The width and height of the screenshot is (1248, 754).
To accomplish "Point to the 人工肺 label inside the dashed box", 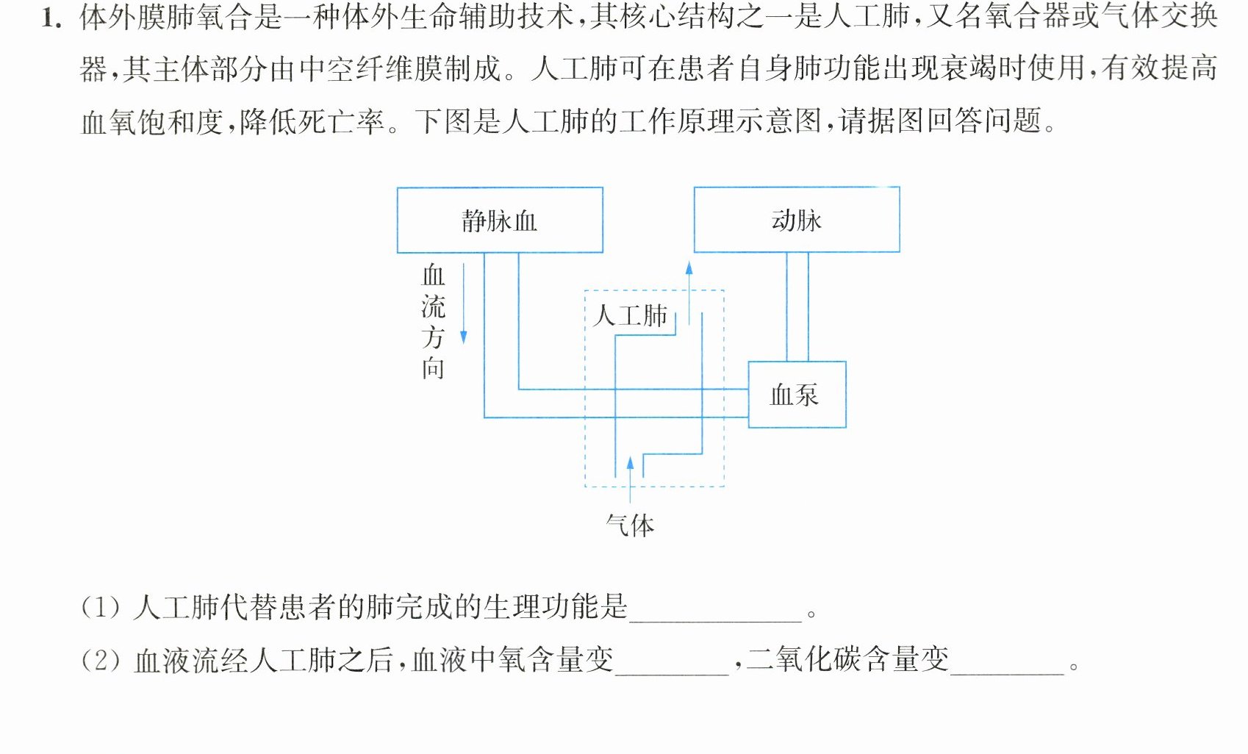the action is coord(630,316).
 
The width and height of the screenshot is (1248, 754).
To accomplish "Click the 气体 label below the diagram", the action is coord(630,525).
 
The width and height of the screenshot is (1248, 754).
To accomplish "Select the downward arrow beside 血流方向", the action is coord(464,304).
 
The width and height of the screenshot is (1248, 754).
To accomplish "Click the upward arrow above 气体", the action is coord(630,480).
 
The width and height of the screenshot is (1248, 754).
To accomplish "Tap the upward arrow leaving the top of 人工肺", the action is coord(689,293).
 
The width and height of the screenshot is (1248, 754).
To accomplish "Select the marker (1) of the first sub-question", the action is coord(100,607).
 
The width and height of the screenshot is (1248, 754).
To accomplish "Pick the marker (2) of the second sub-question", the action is coord(100,661).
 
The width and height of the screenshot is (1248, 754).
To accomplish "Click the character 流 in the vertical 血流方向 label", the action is coord(433,307).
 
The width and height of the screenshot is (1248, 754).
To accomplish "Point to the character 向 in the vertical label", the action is coord(433,368).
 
